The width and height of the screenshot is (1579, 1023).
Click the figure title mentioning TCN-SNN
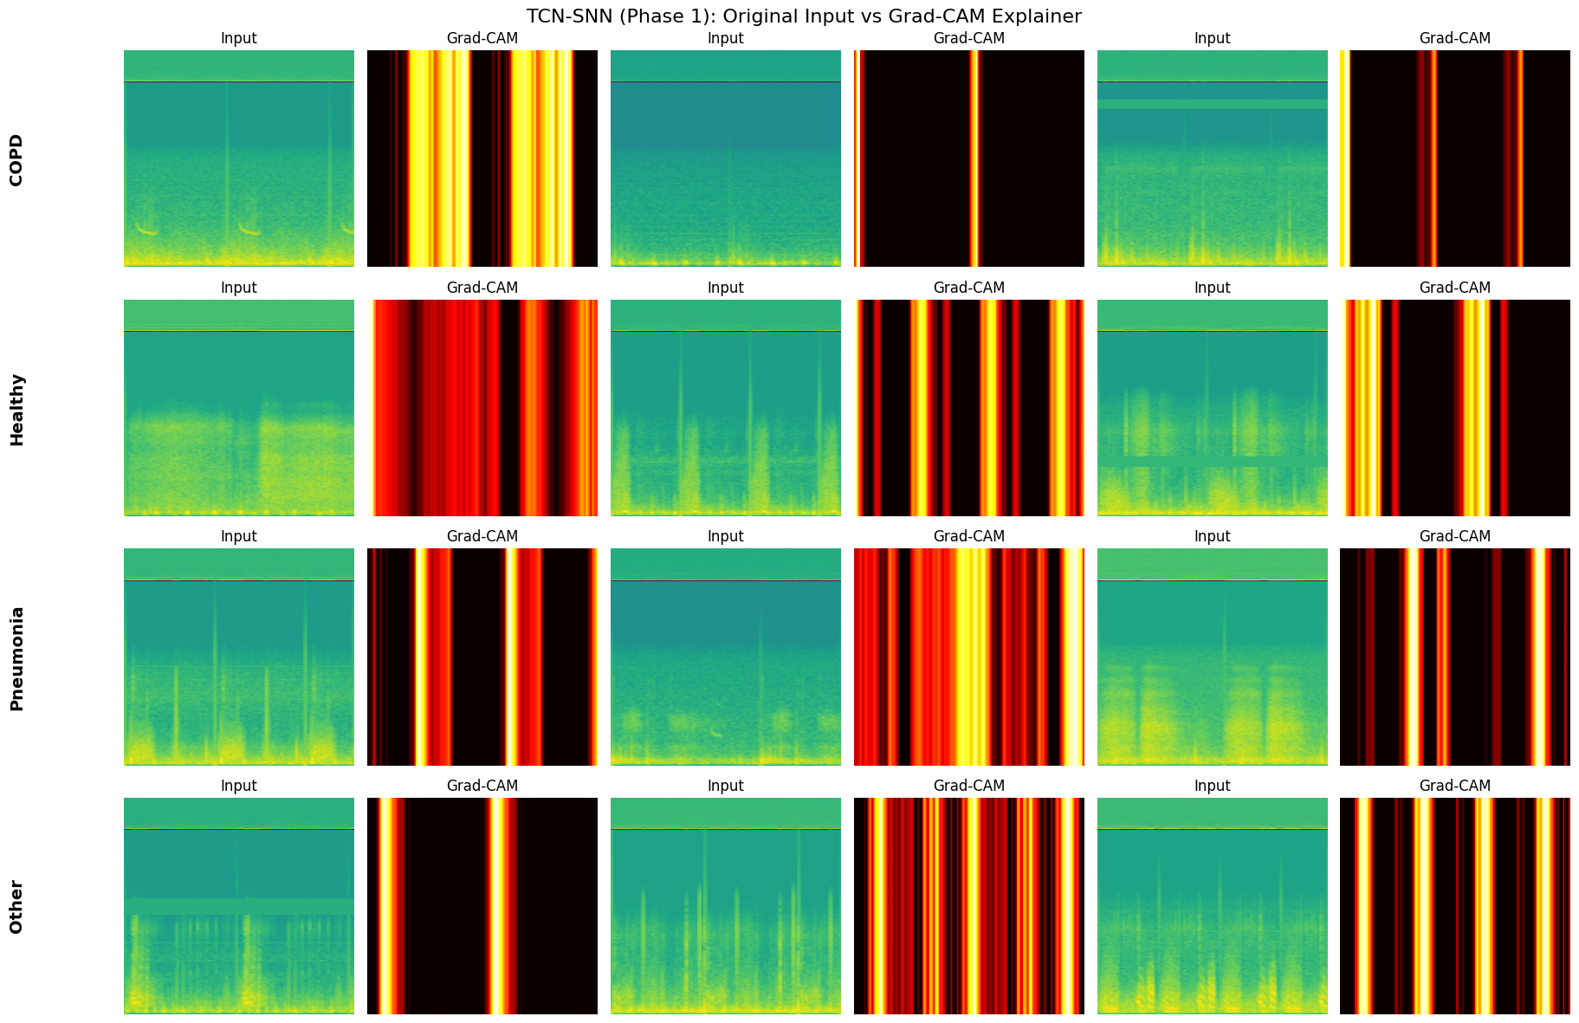(803, 16)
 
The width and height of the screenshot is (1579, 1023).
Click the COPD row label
(16, 159)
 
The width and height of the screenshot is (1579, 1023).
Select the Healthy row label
(16, 409)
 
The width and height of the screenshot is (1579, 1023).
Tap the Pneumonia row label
(16, 658)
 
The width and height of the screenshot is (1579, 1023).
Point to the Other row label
(16, 907)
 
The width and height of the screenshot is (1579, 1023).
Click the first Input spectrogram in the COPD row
(239, 159)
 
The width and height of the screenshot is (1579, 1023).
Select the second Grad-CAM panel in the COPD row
(968, 159)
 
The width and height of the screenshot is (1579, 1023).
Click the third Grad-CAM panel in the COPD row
(1455, 159)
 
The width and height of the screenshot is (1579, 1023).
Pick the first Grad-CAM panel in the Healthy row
(482, 408)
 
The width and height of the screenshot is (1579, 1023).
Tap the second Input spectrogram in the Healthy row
(726, 408)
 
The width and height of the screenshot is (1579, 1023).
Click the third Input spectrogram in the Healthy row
(1212, 408)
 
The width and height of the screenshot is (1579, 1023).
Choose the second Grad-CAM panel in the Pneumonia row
(968, 657)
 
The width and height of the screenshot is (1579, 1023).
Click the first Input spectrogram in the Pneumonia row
(239, 657)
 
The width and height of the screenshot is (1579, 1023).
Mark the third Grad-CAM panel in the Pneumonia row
(1455, 657)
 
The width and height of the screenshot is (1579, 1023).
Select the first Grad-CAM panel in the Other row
(482, 906)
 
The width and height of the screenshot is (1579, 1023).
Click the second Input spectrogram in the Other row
(726, 906)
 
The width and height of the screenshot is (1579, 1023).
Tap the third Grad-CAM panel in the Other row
(1455, 906)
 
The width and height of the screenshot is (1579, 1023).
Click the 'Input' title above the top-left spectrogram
(239, 38)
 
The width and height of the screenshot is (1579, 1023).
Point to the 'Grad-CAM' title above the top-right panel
(1455, 38)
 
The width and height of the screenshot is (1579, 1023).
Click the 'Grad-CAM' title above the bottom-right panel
(1455, 786)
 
